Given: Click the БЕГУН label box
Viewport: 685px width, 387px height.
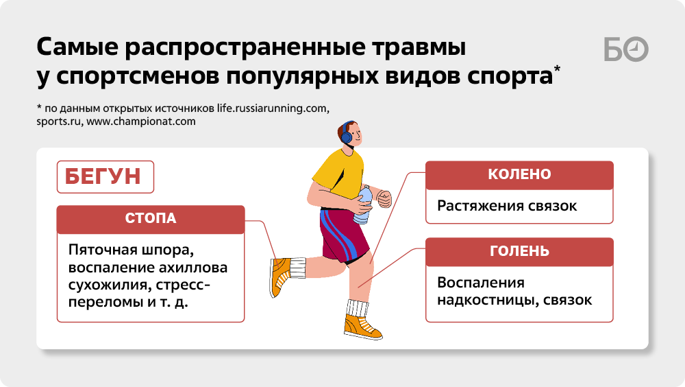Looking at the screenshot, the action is (105, 177).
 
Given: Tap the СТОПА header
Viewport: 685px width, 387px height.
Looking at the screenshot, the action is (151, 219).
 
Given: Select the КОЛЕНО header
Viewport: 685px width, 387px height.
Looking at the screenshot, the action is (519, 175).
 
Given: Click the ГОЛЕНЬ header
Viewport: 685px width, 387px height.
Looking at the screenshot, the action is (519, 252).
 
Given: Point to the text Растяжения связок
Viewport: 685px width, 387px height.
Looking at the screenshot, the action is (507, 207).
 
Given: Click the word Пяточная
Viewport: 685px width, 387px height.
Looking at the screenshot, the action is (103, 250).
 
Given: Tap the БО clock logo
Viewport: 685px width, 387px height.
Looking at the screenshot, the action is (626, 49).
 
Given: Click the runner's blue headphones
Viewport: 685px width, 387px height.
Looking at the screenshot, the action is (347, 132).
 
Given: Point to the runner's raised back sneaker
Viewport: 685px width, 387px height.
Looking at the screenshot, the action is (279, 277).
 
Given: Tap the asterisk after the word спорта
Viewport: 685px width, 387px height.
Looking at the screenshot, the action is (557, 69).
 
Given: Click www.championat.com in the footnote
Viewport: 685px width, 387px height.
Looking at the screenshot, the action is (141, 121).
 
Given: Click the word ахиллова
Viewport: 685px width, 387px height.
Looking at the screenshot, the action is (193, 268).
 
